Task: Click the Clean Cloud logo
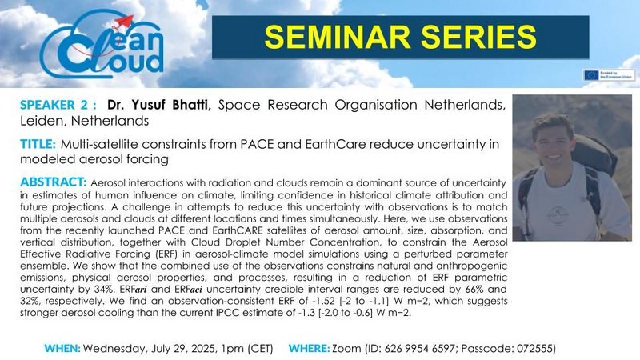coord(102,46)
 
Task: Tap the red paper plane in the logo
coord(123,22)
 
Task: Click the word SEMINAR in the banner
coord(337,37)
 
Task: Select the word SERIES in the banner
coord(478,37)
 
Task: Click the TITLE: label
coord(38,144)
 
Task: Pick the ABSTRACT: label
coord(53,182)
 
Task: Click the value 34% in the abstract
coord(108,290)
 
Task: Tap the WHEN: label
coord(62,349)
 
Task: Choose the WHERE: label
coord(309,349)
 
